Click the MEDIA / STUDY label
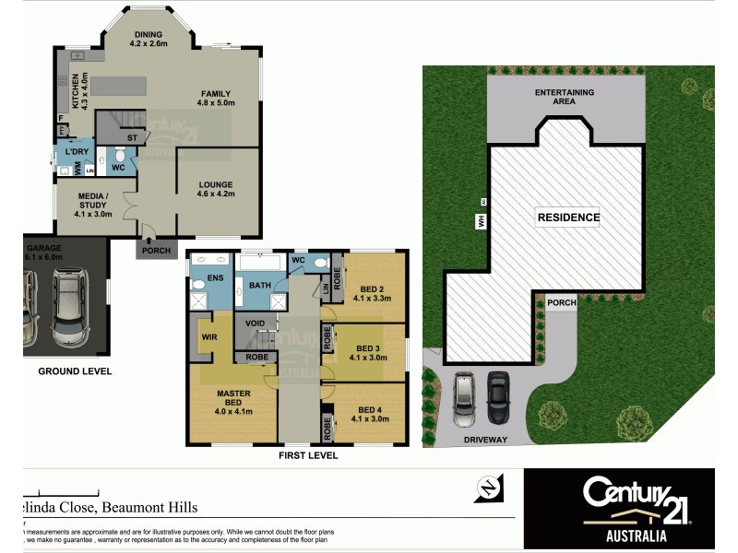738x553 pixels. point(93,205)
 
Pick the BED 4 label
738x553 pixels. point(371,414)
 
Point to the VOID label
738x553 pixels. point(256,324)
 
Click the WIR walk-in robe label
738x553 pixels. point(208,337)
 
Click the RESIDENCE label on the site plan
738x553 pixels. point(568,218)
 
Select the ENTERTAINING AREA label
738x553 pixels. point(565,97)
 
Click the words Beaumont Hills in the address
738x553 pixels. point(149,507)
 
